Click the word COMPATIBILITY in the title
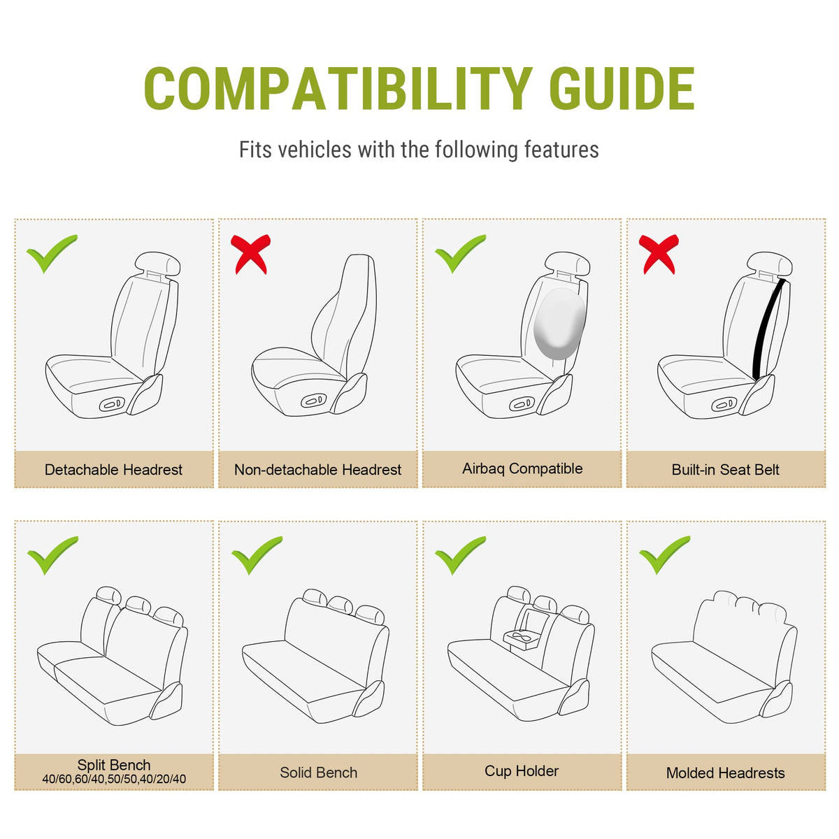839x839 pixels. coord(338,88)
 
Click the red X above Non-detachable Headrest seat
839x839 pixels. coord(250,254)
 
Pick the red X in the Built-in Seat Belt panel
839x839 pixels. coord(659,254)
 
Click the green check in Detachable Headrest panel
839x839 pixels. coord(52,253)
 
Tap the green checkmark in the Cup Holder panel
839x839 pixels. coord(460,555)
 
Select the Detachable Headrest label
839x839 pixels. coord(113,470)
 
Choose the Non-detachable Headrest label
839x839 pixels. coord(317,470)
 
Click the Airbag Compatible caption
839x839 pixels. coord(522,469)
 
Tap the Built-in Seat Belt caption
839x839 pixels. coord(725,470)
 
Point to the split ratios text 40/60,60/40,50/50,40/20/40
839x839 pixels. coord(114,779)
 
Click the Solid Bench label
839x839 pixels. coord(318,773)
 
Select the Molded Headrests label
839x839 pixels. coord(725,773)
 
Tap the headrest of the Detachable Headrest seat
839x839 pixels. coord(157,263)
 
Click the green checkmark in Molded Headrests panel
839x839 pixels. coord(664,555)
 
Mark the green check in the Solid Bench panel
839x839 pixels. coord(257,555)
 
